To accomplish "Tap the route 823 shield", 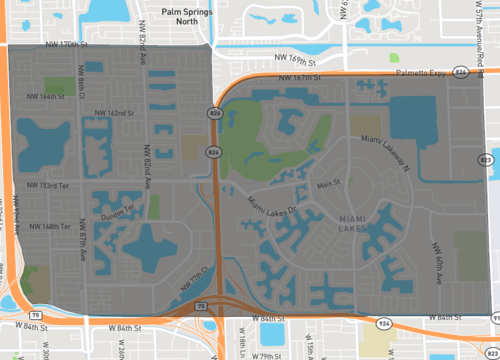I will pos(485,159).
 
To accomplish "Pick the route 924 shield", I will pos(384,323).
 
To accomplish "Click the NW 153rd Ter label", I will pos(41,185).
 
